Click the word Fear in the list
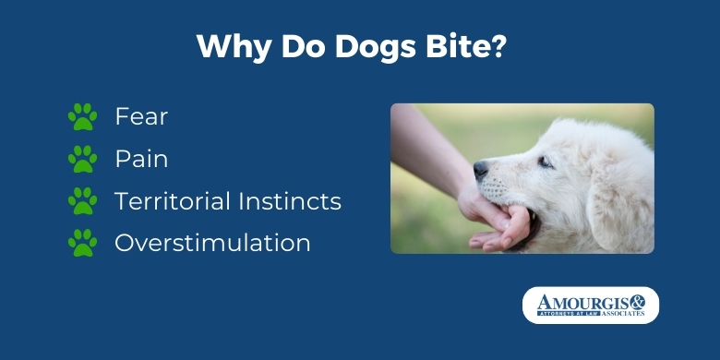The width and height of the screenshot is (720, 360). (141, 116)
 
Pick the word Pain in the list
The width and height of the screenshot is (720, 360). (141, 159)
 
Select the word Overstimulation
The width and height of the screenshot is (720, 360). (212, 243)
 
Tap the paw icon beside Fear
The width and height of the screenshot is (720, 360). (83, 116)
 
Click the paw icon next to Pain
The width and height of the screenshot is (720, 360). (83, 159)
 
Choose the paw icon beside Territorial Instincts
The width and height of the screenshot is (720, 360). (83, 200)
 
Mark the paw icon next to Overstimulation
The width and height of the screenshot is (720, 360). (83, 243)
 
